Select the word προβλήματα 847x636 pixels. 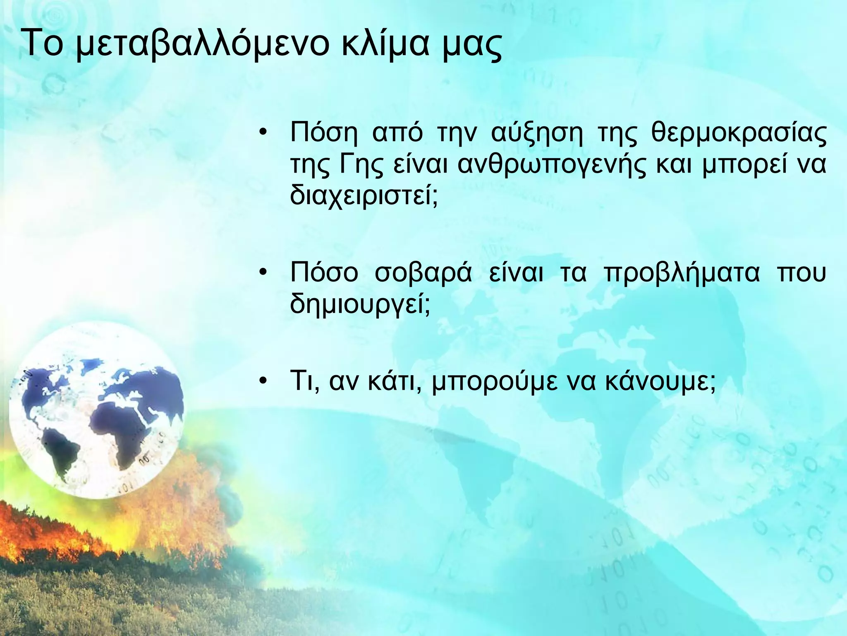point(682,274)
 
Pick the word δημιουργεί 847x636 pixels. point(360,305)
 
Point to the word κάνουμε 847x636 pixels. point(660,383)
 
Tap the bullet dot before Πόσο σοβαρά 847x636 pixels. point(262,273)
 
